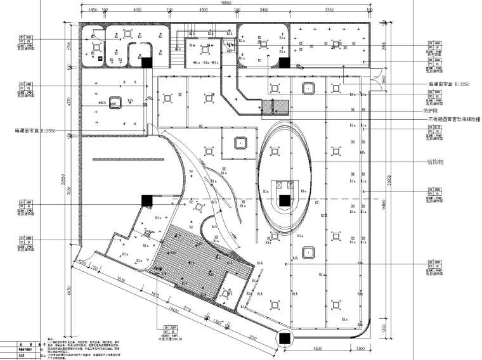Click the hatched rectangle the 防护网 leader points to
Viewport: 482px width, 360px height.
click(x=279, y=107)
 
